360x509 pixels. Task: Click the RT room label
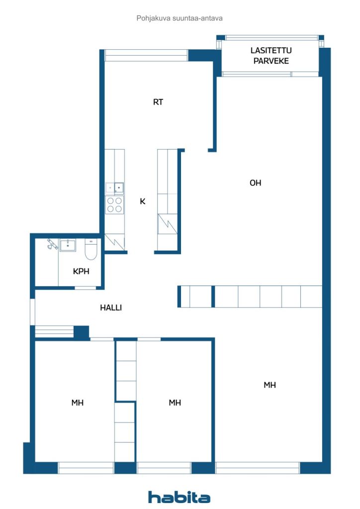click(x=158, y=102)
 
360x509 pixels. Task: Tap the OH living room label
click(x=255, y=183)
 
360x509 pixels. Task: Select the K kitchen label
click(x=143, y=201)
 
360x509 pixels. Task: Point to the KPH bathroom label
click(x=81, y=271)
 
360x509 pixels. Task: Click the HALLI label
click(x=111, y=307)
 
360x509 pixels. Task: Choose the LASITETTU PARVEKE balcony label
click(x=271, y=56)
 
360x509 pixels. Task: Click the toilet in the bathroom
click(x=91, y=250)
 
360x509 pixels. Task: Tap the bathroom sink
click(x=68, y=245)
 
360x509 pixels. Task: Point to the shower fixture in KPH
click(x=52, y=244)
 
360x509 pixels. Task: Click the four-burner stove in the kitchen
click(x=114, y=205)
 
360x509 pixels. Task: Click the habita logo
click(x=179, y=497)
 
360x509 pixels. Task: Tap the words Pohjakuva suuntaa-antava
click(x=180, y=18)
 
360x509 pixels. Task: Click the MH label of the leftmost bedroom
click(x=77, y=403)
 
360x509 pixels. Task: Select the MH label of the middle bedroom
click(x=175, y=403)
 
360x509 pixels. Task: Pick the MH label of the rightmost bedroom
click(x=270, y=385)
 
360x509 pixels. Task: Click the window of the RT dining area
click(x=146, y=55)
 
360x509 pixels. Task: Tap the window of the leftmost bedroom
click(x=86, y=468)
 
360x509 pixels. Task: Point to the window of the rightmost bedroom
click(x=258, y=468)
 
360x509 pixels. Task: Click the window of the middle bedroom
click(x=164, y=468)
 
